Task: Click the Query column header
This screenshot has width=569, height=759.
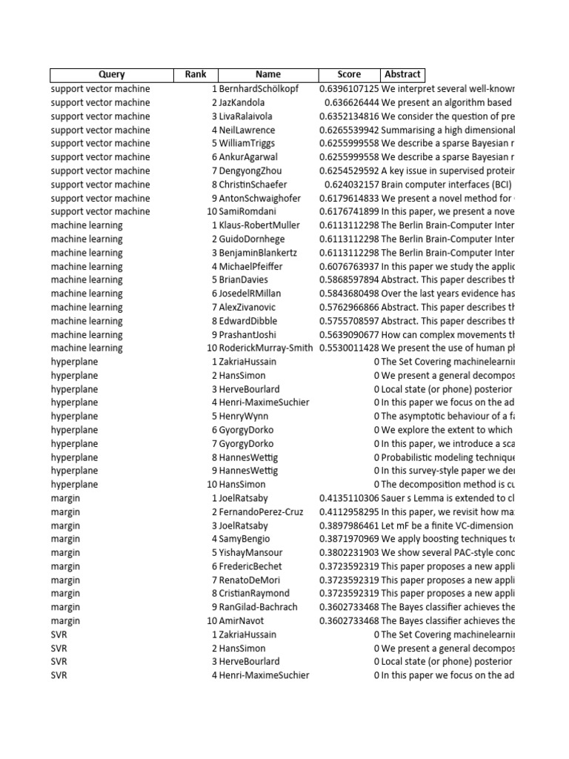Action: coord(112,74)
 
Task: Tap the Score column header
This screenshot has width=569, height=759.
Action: coord(349,74)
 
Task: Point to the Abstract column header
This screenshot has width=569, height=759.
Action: coord(402,74)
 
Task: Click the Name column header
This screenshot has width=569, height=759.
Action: coord(268,74)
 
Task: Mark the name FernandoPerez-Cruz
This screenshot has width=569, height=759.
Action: coord(261,511)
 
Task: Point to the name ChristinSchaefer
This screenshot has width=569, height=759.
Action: coord(253,185)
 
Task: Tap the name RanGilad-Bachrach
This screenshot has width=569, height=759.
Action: coord(258,607)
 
